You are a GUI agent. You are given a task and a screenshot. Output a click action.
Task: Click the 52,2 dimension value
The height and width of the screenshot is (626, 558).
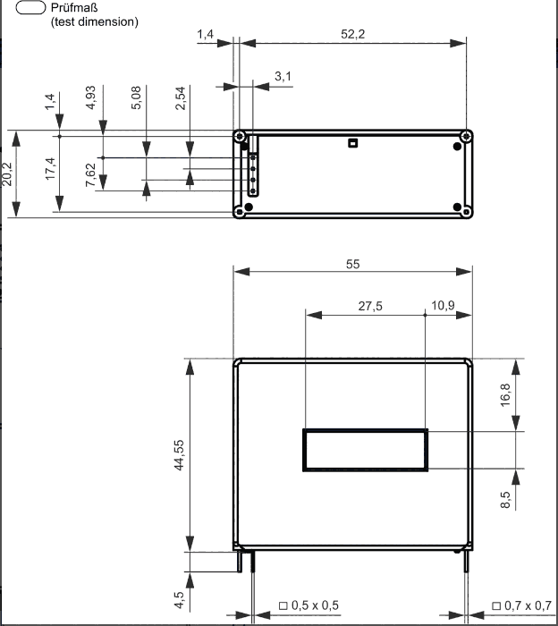click(353, 34)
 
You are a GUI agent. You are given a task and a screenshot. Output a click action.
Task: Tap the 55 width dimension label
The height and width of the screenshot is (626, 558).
click(353, 265)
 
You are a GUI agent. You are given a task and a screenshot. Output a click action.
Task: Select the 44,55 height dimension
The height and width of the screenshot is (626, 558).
click(179, 455)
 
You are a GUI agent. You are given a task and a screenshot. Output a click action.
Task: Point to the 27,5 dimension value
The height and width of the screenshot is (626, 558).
click(370, 306)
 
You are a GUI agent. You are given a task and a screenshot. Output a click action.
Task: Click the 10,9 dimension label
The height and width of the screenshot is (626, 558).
click(443, 306)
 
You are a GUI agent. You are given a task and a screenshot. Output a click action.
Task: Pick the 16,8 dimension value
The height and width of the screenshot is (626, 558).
click(505, 395)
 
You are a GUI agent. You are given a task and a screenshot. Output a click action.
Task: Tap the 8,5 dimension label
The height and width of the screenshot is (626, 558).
click(505, 499)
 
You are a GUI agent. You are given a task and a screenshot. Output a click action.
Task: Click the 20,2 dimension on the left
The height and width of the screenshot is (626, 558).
click(7, 174)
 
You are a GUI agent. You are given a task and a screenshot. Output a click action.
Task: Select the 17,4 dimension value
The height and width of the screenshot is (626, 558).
click(50, 168)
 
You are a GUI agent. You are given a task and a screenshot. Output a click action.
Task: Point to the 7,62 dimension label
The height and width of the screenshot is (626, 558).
click(90, 175)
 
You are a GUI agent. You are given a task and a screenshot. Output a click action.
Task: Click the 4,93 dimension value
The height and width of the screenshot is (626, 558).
click(90, 97)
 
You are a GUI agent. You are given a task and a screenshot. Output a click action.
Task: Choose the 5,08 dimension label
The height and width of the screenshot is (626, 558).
click(136, 97)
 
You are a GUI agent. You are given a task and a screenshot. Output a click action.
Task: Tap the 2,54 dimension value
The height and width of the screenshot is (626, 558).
click(181, 97)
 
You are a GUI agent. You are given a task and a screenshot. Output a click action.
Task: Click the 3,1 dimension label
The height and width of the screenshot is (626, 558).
click(283, 76)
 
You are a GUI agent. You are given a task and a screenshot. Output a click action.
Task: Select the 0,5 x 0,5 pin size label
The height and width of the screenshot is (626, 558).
click(309, 605)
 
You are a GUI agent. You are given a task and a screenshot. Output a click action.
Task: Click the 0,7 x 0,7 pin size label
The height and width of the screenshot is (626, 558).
click(521, 605)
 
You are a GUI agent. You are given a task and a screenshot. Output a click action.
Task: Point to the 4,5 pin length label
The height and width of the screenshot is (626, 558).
click(179, 600)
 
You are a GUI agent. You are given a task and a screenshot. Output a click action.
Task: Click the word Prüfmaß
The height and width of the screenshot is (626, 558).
click(74, 7)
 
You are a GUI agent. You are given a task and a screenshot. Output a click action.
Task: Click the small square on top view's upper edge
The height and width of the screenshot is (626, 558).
click(352, 143)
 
